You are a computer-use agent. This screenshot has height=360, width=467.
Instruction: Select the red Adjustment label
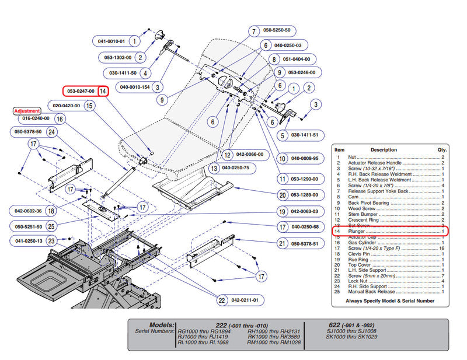pos(27,111)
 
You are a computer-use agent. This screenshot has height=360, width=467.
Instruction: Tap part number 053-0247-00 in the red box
pos(81,91)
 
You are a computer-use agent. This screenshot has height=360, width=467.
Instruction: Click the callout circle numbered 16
pos(59,118)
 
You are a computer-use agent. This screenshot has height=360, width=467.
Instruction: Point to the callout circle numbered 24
pos(51,132)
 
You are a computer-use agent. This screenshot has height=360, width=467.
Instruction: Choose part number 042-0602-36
pos(28,211)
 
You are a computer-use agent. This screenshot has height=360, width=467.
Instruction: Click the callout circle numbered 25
pos(51,226)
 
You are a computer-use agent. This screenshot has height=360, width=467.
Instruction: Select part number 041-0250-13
pos(28,240)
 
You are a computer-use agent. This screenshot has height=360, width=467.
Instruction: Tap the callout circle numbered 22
pos(222,300)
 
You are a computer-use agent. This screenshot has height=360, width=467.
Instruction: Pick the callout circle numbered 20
pos(283,195)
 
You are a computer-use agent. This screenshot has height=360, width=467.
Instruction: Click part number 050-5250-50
pos(277,30)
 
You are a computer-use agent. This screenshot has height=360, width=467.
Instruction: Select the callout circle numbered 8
pos(273,60)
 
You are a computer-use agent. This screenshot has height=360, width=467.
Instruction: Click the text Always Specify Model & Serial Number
pos(390,300)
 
